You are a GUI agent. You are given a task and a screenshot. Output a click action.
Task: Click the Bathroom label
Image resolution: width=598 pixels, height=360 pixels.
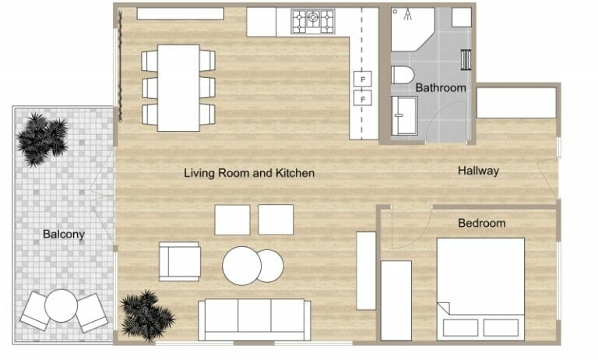pos(440,88)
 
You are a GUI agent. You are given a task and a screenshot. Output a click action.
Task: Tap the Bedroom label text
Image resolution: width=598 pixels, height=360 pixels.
pos(481,224)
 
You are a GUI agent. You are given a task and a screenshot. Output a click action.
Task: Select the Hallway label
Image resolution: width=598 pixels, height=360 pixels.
pos(478,171)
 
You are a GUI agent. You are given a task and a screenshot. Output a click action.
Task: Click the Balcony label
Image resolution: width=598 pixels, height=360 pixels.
pos(64,234)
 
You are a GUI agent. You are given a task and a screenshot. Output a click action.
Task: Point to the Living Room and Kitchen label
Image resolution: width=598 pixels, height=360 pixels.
pos(249,173)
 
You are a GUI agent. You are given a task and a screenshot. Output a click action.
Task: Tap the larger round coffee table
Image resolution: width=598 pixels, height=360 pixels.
pos(241,266)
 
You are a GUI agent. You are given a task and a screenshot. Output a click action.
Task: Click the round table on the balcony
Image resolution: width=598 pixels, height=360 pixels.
pos(61,305)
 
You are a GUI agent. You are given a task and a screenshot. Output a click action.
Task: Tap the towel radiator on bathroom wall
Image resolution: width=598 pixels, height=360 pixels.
pos(467,60)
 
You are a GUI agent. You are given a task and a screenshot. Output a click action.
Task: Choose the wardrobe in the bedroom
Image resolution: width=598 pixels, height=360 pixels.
pos(396,300)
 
